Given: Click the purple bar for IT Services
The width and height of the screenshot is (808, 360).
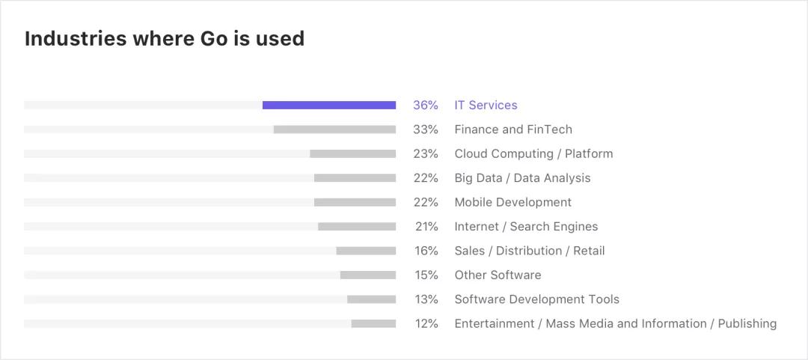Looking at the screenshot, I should pos(329,106).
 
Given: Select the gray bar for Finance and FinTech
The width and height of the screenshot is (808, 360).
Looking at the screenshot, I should pos(334,129).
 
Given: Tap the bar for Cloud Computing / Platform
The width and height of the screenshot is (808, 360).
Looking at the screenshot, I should pos(352,153).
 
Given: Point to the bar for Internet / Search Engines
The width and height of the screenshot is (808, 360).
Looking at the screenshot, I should pos(357,226).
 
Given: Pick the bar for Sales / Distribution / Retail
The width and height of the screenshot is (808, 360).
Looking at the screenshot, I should pos(366,251).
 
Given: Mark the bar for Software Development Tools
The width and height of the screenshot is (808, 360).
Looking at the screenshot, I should pos(371,299).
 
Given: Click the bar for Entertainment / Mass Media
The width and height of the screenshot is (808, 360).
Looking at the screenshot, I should pos(373,323).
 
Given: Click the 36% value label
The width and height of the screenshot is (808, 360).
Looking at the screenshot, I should pos(426,106).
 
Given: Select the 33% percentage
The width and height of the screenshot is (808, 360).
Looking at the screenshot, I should pos(426,129).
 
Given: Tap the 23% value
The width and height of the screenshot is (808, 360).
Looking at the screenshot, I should pos(426,153).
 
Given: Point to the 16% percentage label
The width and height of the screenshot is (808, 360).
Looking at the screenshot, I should pos(426,251).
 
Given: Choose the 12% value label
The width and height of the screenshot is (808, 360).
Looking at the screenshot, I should pos(426,323).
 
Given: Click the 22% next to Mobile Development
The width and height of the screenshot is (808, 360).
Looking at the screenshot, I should pos(426,202).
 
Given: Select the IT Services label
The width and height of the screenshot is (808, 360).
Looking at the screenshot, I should pos(486,106).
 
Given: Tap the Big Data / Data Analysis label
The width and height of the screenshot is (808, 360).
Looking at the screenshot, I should pos(522,178).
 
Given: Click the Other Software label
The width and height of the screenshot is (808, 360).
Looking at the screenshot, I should pos(498,275).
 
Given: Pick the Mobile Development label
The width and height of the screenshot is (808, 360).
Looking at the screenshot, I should pos(512,202).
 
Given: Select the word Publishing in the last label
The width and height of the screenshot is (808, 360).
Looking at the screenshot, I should pos(747,323).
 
